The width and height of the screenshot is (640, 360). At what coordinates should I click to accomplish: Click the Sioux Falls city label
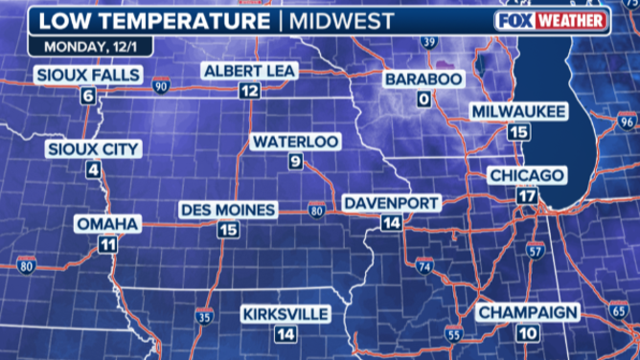[88, 75]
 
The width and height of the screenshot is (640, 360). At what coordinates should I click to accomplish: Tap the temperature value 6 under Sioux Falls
[88, 95]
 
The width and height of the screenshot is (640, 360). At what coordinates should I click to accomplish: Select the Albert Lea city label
[250, 71]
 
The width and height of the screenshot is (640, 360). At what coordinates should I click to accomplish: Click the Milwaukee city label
[518, 112]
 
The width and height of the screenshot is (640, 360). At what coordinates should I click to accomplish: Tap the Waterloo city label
[295, 142]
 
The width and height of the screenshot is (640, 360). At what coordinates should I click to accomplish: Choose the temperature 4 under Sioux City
[94, 170]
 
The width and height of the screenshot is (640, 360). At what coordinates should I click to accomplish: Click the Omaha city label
[108, 224]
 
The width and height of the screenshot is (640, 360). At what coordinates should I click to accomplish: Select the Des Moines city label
[228, 210]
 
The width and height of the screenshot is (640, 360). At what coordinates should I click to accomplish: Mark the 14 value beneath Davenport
[390, 222]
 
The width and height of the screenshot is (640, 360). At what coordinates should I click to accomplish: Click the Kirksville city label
[286, 314]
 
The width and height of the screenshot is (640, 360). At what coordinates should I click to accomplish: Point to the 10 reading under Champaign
[527, 332]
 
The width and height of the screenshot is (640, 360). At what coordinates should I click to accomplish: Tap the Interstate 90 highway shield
[160, 87]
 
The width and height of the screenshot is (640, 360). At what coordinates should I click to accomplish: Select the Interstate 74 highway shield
[423, 263]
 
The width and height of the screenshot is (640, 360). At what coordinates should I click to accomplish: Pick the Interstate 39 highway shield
[427, 41]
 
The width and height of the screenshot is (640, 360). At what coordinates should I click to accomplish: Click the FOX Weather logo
[551, 19]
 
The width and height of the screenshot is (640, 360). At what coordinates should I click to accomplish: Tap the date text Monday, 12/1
[81, 43]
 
